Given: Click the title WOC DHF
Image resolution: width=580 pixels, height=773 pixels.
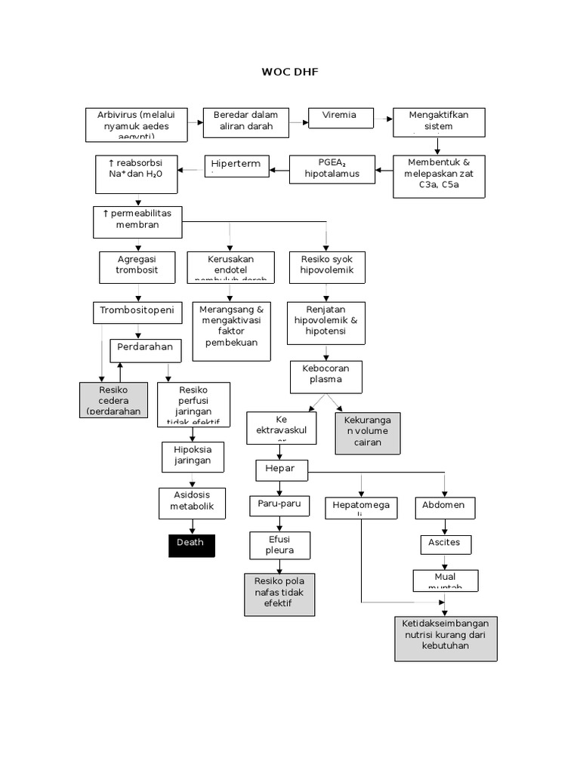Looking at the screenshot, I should click(290, 72).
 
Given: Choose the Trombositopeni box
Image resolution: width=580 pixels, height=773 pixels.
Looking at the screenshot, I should click(137, 311).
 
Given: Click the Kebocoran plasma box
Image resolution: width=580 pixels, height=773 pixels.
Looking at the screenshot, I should click(326, 377).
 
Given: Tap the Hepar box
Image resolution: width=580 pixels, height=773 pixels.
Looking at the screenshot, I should click(281, 470).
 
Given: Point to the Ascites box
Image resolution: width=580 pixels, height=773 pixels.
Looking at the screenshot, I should click(446, 544).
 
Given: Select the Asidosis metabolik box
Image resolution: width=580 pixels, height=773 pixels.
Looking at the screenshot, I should click(192, 503).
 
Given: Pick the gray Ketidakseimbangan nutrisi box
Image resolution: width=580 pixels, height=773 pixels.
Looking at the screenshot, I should click(446, 638).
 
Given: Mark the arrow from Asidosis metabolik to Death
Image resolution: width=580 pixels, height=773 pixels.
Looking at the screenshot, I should click(192, 527).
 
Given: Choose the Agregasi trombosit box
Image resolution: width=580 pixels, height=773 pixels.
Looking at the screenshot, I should click(137, 266).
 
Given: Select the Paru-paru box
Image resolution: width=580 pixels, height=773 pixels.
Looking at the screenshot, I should click(279, 506).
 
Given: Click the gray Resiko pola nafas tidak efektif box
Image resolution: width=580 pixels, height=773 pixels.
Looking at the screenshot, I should click(279, 594).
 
